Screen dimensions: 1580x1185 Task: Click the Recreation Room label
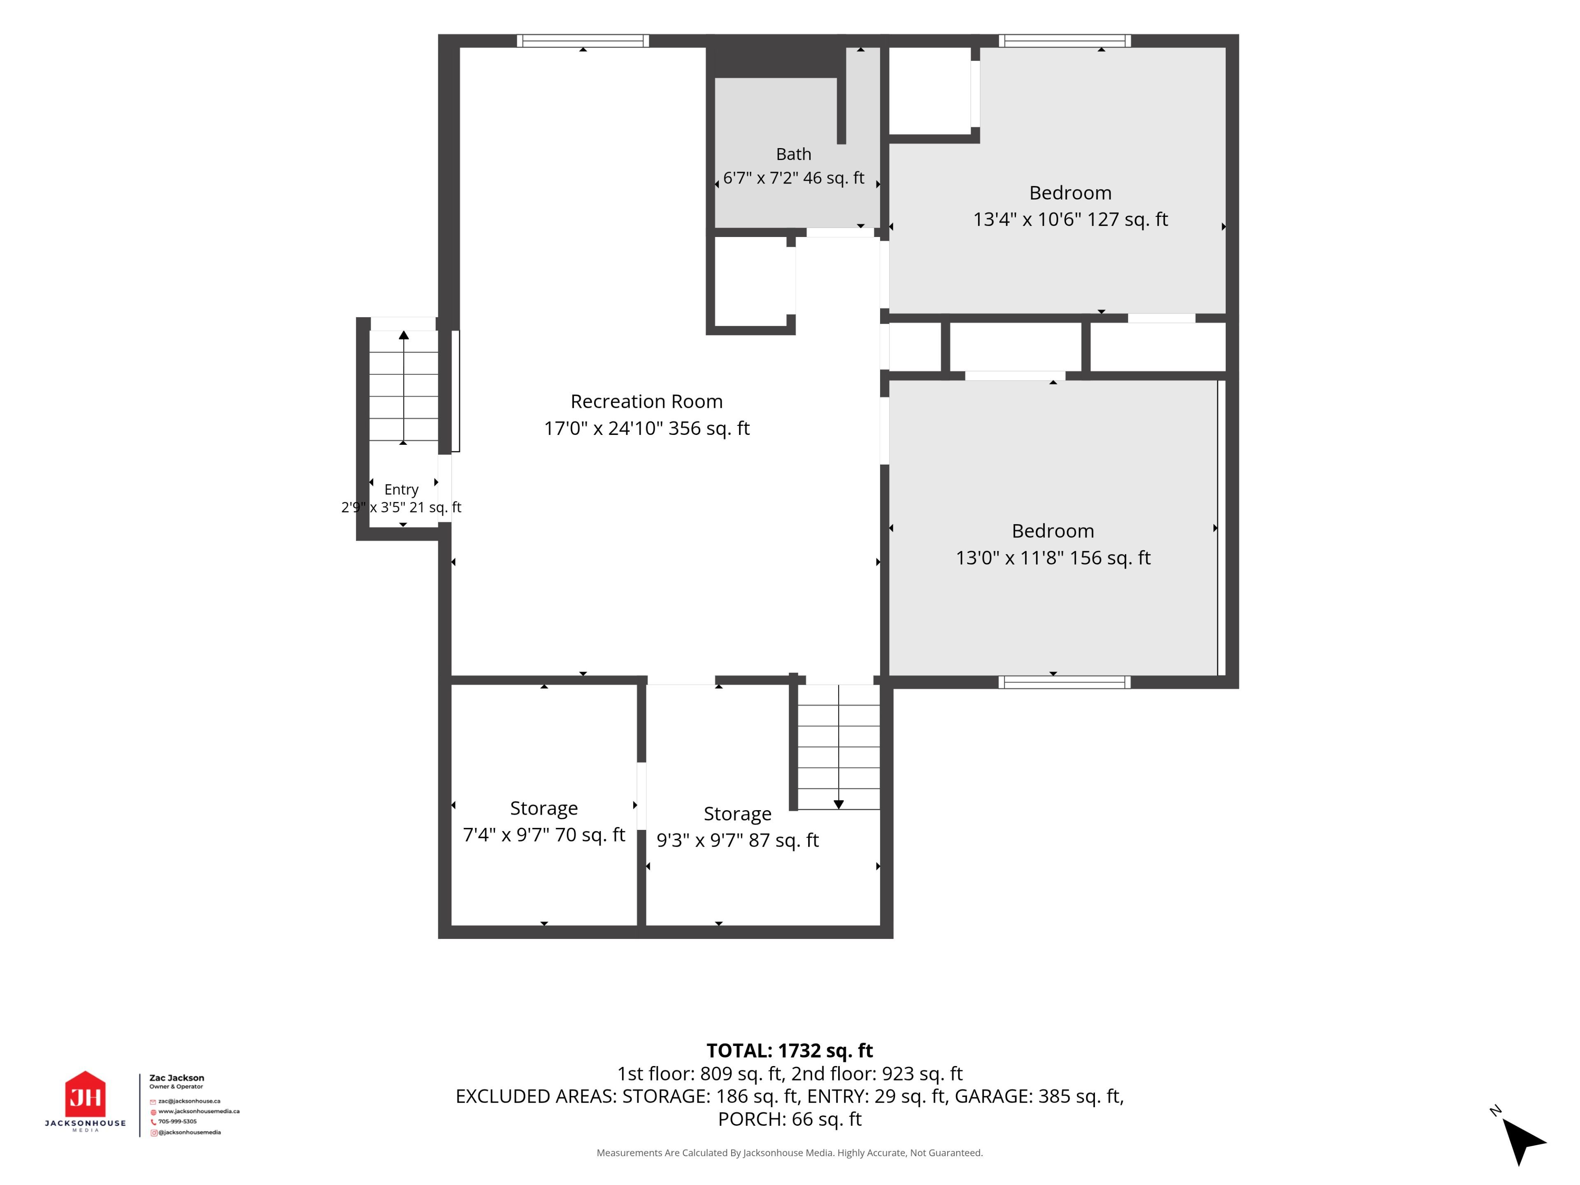coord(646,402)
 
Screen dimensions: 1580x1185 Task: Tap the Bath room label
coord(794,154)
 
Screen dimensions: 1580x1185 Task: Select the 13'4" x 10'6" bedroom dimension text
coord(1070,219)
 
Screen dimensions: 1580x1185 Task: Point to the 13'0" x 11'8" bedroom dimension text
coord(1053,558)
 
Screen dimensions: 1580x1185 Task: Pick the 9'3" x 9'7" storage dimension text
coord(737,841)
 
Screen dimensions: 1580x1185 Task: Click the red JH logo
coord(85,1094)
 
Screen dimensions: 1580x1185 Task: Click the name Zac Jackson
coord(177,1078)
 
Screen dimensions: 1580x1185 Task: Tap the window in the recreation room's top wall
coord(583,41)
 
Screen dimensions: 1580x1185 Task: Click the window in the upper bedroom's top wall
coord(1064,41)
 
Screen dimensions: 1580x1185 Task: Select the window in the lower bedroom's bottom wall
coord(1064,682)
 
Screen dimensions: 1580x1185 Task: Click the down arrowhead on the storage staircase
coord(839,804)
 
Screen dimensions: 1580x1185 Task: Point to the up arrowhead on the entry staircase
coord(404,335)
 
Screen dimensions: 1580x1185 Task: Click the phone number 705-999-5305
coord(177,1121)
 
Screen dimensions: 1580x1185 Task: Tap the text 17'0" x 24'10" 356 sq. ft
coord(646,429)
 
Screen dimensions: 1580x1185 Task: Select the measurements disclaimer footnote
coord(789,1153)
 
